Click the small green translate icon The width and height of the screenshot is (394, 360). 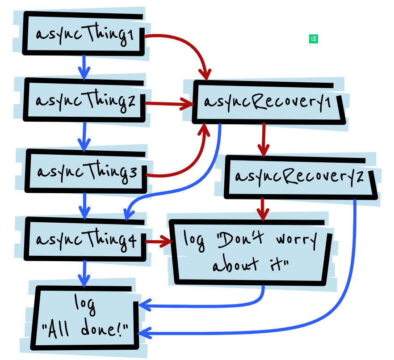[x=314, y=39]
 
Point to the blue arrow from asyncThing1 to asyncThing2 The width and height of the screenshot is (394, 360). [x=84, y=67]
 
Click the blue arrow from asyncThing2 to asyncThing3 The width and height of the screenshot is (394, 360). [x=84, y=136]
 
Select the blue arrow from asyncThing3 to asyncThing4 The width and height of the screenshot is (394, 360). [x=84, y=206]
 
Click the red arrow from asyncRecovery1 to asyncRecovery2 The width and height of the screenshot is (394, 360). [x=264, y=139]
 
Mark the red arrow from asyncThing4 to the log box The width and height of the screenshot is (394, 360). [x=159, y=242]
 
